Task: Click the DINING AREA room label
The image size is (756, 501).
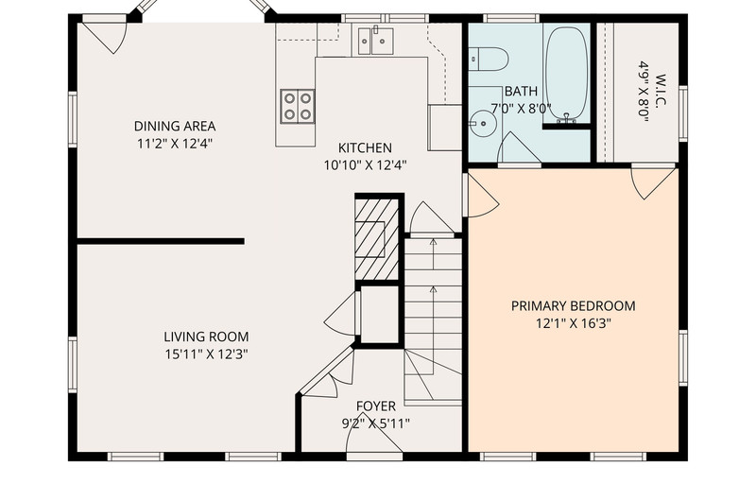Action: point(175,127)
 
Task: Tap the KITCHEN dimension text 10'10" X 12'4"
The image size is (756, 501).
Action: point(365,165)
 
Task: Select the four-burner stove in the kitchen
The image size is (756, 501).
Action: point(298,107)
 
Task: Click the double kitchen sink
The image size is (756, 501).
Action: point(375,41)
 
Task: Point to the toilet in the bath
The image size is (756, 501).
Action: point(488,59)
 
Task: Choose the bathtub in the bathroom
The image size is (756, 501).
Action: point(566,74)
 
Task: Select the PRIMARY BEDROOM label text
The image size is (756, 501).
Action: point(574,305)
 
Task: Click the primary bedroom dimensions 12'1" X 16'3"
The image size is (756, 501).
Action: point(574,323)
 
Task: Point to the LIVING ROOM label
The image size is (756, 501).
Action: point(206,337)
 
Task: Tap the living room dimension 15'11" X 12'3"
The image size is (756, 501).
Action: point(206,354)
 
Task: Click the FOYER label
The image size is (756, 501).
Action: point(376,406)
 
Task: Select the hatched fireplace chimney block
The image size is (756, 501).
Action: point(377,239)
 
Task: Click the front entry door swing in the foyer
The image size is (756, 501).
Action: point(374,439)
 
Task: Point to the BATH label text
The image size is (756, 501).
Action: point(521,91)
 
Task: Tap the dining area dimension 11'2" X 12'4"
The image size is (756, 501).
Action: point(175,144)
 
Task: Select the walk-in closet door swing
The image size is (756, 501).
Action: point(653,183)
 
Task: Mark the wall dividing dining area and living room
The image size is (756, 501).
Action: point(161,241)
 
